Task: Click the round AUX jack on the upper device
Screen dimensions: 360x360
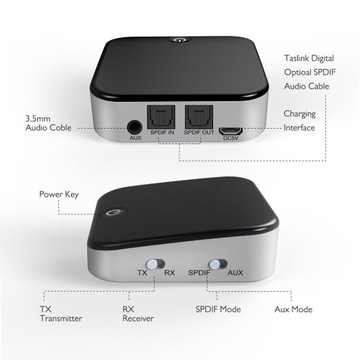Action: point(136,127)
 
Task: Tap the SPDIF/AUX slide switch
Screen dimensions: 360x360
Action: point(212,271)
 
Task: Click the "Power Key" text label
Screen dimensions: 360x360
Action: point(61,193)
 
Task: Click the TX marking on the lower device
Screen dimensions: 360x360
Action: point(142,272)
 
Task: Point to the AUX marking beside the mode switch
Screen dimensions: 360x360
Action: point(235,272)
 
